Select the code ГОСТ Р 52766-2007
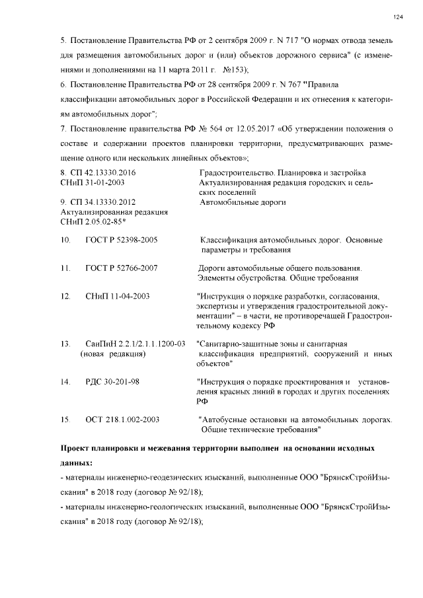pos(121,268)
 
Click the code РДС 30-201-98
pos(112,382)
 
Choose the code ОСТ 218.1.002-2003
pos(122,420)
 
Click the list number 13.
pos(65,344)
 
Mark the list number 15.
pos(65,420)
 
